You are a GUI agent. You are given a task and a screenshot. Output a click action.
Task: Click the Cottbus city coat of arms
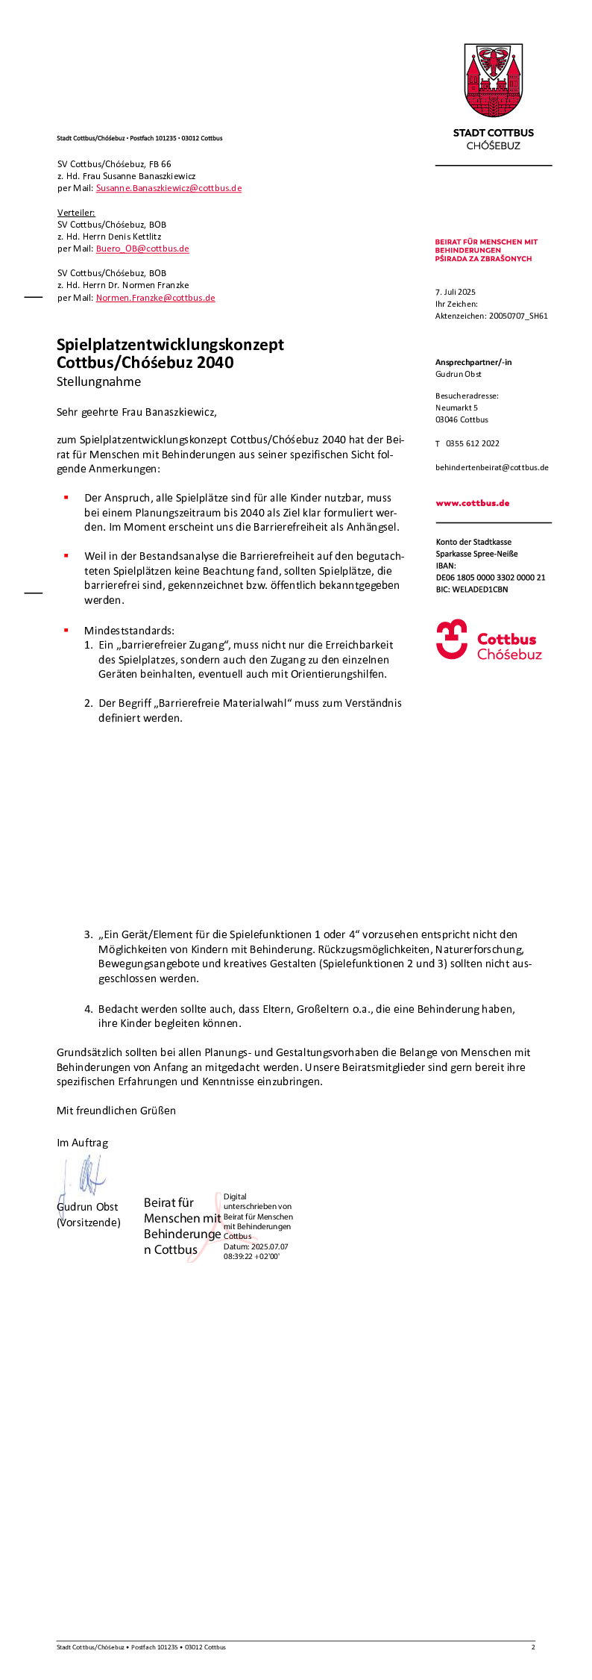click(494, 81)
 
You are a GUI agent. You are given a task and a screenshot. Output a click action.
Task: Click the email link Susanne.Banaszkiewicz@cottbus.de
click(169, 188)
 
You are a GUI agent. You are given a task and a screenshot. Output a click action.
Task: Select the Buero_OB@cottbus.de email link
click(142, 249)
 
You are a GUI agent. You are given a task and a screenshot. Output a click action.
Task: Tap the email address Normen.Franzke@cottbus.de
click(155, 298)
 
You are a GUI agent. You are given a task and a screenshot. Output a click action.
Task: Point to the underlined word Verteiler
click(76, 213)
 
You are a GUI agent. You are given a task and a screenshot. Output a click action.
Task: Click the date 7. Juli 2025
click(456, 292)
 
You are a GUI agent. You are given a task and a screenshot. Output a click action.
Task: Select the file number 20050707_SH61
click(518, 316)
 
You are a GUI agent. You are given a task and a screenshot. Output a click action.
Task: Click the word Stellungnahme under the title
click(98, 381)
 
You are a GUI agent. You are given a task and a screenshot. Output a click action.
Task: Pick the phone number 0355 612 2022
click(473, 443)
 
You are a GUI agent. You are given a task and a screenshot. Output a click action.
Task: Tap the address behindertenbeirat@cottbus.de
click(492, 467)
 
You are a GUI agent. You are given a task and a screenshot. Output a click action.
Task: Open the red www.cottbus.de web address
click(473, 503)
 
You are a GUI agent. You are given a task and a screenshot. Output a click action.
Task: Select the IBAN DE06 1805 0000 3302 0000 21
click(491, 578)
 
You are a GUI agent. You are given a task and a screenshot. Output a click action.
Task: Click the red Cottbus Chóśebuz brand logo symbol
click(452, 640)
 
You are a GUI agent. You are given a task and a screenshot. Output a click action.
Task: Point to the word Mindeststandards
click(129, 631)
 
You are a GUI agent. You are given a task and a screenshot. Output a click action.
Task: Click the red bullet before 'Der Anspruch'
click(66, 497)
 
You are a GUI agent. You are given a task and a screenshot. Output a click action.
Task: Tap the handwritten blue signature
click(87, 1175)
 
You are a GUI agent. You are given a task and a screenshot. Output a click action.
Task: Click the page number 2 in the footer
click(533, 1646)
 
